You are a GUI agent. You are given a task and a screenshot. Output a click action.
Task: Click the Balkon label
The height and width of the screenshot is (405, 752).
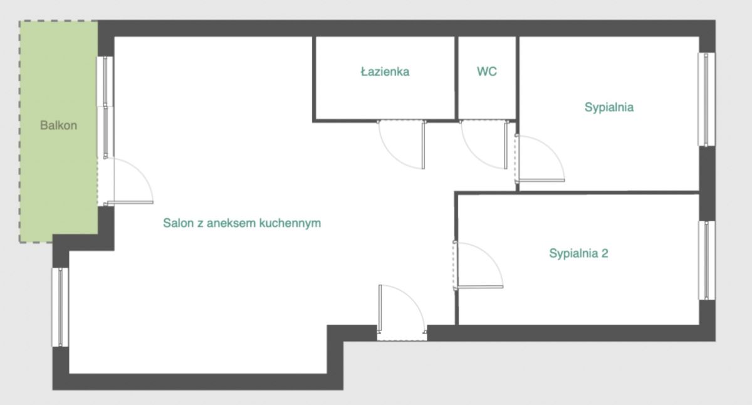[58, 125]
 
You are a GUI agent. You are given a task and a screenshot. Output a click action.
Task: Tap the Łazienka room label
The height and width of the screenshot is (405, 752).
[385, 71]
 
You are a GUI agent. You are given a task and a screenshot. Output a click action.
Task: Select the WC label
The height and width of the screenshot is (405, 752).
[487, 71]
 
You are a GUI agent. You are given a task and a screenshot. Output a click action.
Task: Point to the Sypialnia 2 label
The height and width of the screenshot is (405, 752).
[578, 253]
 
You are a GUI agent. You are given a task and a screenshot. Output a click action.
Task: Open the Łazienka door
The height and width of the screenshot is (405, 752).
[402, 144]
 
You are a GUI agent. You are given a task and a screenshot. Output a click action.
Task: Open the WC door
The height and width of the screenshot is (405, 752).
[484, 144]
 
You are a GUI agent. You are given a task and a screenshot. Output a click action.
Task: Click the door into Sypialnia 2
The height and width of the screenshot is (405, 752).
[478, 265]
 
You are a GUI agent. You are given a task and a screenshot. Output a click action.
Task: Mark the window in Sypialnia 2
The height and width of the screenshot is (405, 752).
[707, 260]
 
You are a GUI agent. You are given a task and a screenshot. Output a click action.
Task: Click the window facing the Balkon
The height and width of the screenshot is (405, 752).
[105, 107]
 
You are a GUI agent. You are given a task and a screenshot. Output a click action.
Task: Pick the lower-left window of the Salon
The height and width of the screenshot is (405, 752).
[60, 307]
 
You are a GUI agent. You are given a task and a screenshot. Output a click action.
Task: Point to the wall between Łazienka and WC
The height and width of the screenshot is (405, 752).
[457, 78]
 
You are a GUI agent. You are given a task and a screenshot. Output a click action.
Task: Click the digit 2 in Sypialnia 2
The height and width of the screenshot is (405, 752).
[604, 253]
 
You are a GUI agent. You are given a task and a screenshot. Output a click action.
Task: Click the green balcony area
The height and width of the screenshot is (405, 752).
[58, 131]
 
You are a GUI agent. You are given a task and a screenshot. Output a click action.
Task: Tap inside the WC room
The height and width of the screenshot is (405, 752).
[487, 87]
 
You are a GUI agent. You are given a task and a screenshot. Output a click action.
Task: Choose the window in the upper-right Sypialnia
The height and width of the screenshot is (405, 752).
[706, 100]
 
